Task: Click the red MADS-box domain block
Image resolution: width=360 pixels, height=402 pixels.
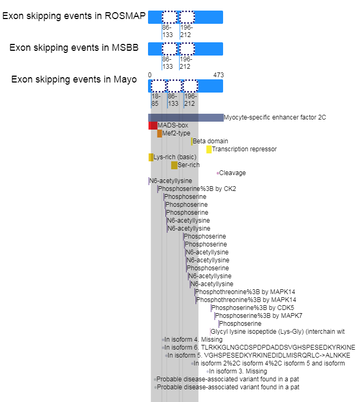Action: pos(152,125)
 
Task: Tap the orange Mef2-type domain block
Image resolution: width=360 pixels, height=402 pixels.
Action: pos(160,133)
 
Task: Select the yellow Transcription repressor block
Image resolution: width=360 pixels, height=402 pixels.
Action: pos(209,149)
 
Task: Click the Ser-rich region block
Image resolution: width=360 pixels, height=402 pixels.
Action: pos(174,165)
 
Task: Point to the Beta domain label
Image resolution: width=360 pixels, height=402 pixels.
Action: pos(210,141)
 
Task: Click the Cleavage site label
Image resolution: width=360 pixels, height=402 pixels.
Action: pos(232,173)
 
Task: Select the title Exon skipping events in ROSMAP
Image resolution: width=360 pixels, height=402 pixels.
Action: pos(74,16)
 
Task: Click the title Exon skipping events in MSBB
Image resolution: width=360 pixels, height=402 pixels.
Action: pos(74,48)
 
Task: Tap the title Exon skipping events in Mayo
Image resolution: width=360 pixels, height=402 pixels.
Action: pos(74,79)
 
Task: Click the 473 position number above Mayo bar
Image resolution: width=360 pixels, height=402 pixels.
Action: pos(218,75)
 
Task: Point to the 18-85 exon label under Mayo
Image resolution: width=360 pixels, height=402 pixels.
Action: pos(155,100)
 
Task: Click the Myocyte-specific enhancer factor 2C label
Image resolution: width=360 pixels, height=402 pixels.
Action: pos(274,117)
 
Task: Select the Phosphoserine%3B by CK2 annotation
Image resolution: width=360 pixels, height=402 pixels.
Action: pos(197,189)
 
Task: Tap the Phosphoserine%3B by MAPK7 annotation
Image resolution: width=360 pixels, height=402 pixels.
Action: pos(259,316)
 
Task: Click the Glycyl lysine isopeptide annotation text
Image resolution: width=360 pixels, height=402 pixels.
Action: pos(278,332)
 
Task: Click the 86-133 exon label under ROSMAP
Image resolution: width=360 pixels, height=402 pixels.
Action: pos(168,31)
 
